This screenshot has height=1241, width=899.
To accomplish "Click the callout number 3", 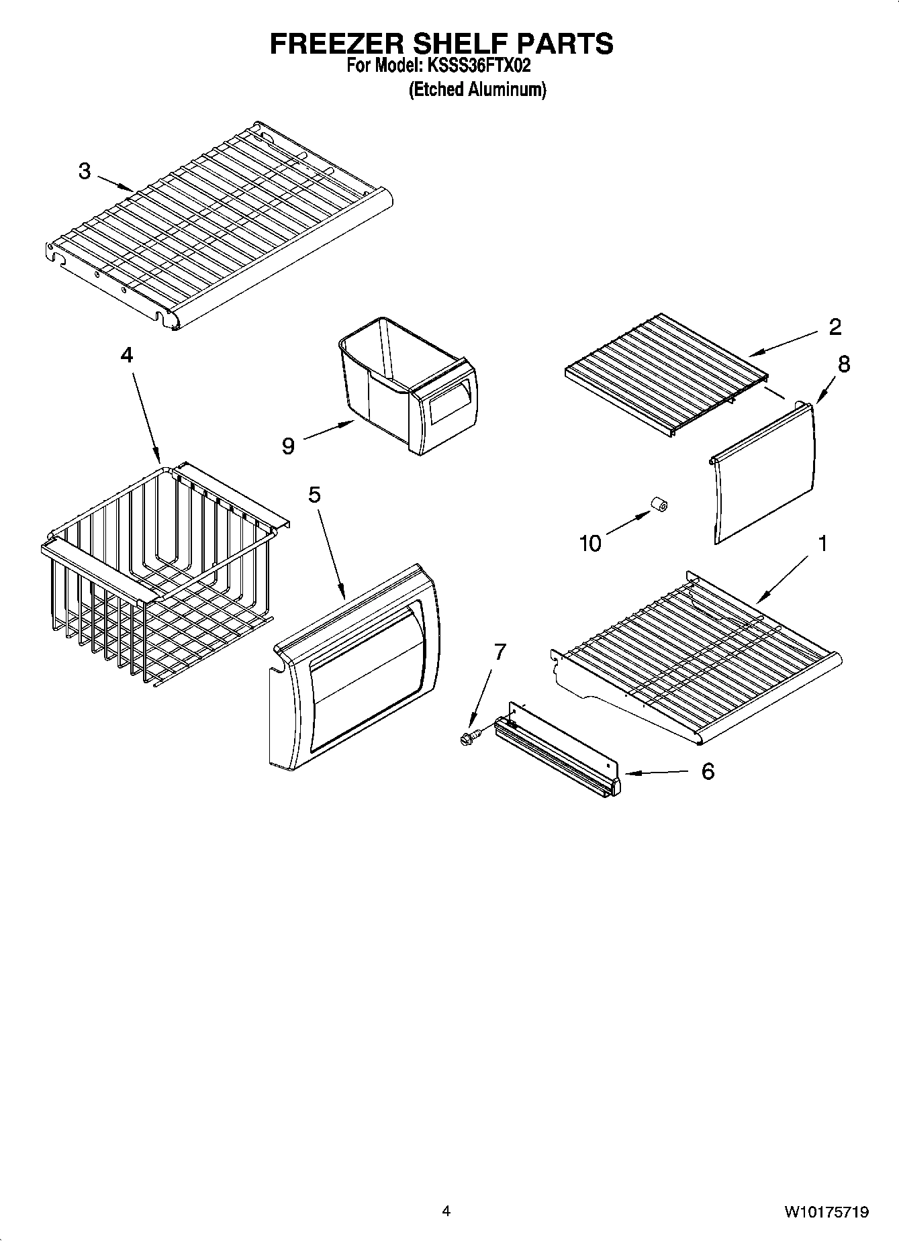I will (84, 171).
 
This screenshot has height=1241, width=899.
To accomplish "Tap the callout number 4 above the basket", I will (127, 355).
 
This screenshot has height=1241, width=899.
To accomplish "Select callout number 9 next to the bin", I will (288, 446).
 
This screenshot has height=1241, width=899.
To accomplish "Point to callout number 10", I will (590, 543).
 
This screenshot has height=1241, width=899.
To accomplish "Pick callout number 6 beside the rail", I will (708, 772).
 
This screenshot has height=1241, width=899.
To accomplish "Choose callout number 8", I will (844, 364).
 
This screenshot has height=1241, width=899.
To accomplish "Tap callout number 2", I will (835, 327).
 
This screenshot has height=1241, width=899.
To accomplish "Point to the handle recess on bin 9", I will (448, 400).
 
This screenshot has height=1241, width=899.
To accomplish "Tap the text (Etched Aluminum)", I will (477, 90).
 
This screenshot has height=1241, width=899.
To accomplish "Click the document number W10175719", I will (826, 1211).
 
